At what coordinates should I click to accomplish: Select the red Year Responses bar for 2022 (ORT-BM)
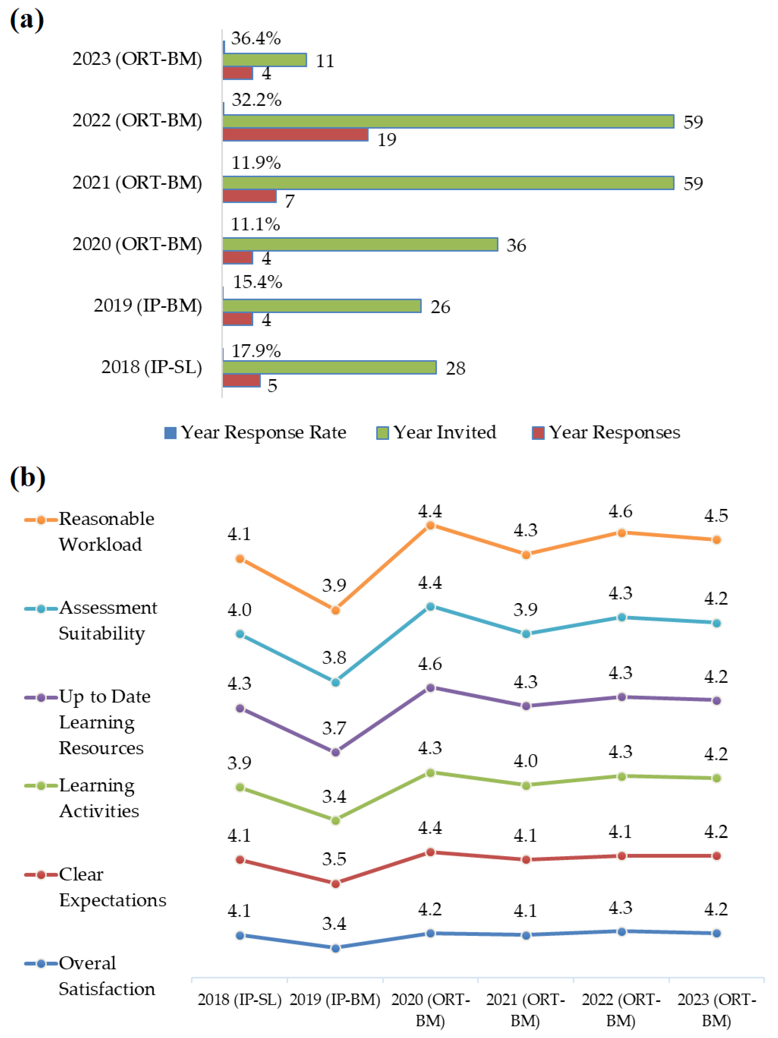click(295, 135)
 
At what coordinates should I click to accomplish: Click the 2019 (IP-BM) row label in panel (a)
click(147, 306)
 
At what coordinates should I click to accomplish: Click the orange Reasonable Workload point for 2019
click(335, 610)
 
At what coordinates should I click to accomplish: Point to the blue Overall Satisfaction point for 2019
click(335, 948)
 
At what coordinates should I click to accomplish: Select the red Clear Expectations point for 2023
click(716, 856)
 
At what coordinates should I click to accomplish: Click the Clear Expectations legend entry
click(96, 887)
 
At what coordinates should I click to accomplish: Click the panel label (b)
click(27, 478)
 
